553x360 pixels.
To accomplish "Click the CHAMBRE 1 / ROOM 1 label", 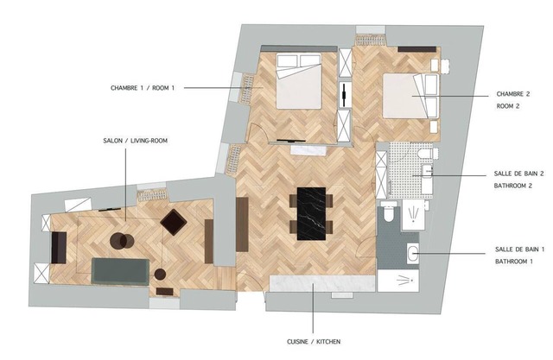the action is (143, 88).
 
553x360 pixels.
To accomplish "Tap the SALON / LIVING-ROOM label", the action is (136, 141).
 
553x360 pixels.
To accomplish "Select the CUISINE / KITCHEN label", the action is (314, 342).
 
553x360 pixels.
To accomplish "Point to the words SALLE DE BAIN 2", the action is (518, 174).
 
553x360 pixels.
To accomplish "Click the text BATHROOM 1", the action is (514, 262).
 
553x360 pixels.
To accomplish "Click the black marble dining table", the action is (311, 214).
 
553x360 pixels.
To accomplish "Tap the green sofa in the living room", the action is (120, 271).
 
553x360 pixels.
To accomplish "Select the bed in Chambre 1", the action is (299, 81).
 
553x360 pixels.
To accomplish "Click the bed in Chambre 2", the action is (410, 96).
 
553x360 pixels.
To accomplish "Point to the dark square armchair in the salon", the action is (174, 222).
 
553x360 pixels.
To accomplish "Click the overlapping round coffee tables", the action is (122, 241).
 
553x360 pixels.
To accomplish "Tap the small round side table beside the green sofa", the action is (160, 274).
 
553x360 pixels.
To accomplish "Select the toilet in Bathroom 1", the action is (389, 212).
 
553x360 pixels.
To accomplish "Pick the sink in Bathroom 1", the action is (413, 253).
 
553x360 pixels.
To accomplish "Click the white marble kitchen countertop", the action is (322, 283).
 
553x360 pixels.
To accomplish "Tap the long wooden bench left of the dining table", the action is (242, 224).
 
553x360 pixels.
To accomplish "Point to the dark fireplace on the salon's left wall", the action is (59, 248).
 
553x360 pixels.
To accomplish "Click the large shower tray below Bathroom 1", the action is (398, 281).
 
